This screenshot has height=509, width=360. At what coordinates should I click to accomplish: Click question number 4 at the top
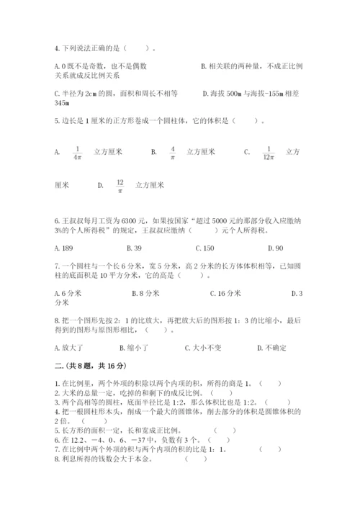click(56, 48)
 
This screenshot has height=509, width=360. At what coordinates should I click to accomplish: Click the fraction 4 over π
click(173, 153)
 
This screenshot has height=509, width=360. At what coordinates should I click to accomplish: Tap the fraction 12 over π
click(120, 186)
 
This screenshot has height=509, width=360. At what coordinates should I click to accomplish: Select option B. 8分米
click(145, 293)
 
